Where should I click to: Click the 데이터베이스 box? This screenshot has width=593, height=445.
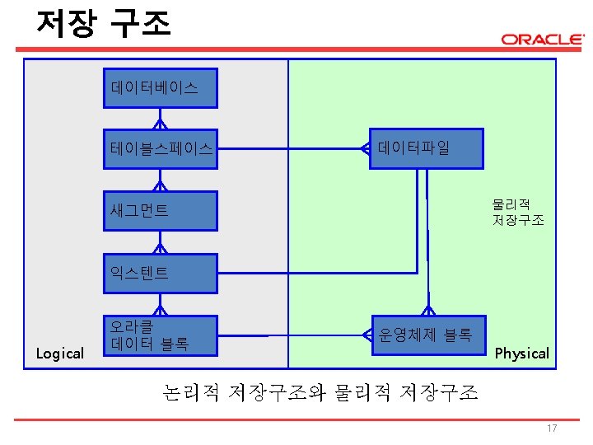[x=160, y=87]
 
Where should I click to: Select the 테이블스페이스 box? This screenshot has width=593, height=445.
[x=160, y=149]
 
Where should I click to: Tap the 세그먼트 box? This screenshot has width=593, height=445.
[x=160, y=211]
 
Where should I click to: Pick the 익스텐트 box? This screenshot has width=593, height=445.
[x=160, y=273]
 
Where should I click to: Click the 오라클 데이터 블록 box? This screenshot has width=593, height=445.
[x=160, y=335]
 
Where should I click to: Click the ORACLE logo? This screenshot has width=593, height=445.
[x=542, y=40]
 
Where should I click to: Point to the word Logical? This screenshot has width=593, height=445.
[x=60, y=354]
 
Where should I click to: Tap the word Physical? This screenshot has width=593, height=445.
[x=521, y=354]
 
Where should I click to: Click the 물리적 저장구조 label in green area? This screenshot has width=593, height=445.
[x=518, y=213]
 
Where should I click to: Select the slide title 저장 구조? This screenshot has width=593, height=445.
[x=104, y=23]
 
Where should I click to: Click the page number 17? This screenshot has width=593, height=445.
[x=552, y=429]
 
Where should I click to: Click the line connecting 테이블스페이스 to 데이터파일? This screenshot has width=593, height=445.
[x=288, y=149]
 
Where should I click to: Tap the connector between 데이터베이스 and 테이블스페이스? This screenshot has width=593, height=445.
[x=160, y=119]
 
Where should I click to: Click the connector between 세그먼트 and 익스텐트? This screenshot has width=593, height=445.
[x=160, y=242]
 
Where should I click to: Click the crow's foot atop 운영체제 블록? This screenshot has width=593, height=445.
[x=427, y=311]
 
